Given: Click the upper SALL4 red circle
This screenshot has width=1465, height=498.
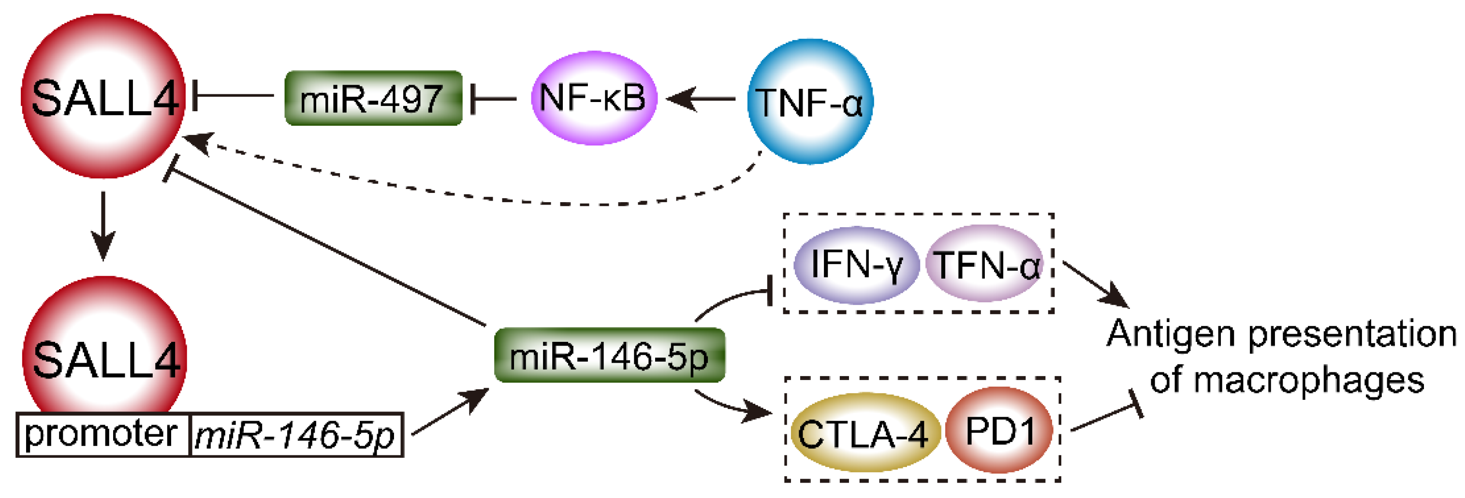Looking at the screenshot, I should point(103,97).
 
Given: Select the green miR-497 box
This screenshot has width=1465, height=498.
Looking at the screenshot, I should point(373,98).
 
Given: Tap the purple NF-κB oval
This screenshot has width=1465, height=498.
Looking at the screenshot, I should point(594,98).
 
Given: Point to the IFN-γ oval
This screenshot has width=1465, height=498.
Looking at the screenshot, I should point(856,265).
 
